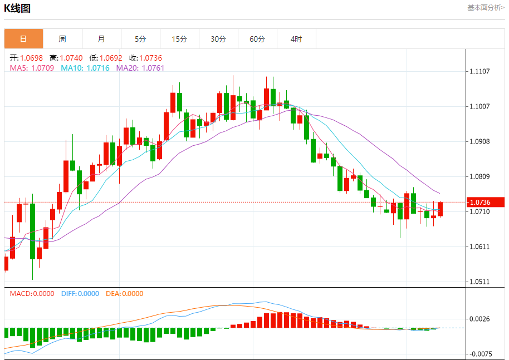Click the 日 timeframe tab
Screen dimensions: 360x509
[23, 39]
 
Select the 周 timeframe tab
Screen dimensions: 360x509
[62, 39]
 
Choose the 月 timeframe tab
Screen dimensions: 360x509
[101, 39]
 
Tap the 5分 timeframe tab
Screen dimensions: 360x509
[140, 39]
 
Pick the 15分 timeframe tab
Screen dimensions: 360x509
[179, 39]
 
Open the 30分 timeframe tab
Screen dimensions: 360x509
[218, 39]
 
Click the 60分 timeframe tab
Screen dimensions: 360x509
[257, 39]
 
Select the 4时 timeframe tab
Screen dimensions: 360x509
[296, 39]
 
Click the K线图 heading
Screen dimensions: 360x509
[17, 8]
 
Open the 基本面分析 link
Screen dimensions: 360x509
[485, 8]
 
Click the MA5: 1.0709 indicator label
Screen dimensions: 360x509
[32, 68]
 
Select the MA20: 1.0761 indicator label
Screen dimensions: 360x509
[140, 68]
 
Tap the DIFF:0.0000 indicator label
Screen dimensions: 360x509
[80, 294]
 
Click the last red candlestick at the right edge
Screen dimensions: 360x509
[441, 209]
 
